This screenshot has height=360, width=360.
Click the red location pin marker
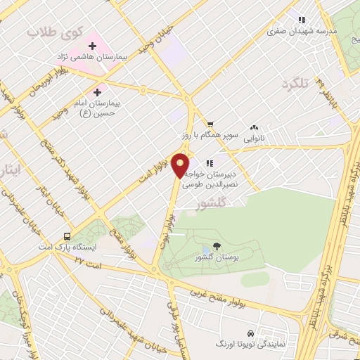(181, 166)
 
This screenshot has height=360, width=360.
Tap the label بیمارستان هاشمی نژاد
(92, 56)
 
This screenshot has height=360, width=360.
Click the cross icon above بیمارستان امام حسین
(98, 91)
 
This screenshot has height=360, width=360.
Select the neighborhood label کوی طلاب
(54, 32)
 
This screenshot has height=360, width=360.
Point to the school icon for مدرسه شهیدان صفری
(302, 20)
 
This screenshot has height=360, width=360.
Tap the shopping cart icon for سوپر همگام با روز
(210, 124)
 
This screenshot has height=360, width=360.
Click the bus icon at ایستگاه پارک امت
(67, 236)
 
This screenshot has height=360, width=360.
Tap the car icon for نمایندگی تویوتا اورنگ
(250, 333)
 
